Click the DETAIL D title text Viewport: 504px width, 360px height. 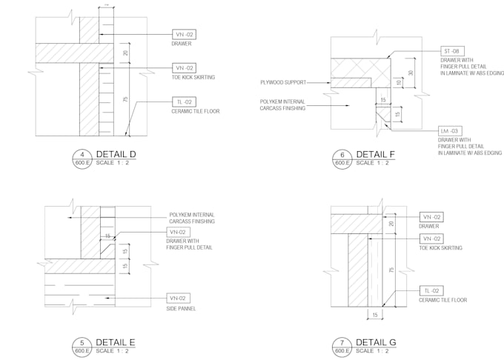coord(116,154)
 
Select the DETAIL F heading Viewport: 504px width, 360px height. coord(376,154)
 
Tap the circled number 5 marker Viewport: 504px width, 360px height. coord(81,342)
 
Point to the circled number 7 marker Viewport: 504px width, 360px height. coord(342,342)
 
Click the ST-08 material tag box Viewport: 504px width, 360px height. coord(451,51)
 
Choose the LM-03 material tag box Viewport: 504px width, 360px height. coord(449,130)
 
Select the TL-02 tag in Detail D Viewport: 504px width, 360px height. coord(184,102)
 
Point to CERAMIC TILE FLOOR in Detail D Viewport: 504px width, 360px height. coord(195,112)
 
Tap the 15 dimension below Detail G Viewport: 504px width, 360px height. coord(376,316)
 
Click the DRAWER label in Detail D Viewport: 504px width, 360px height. coord(182,44)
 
